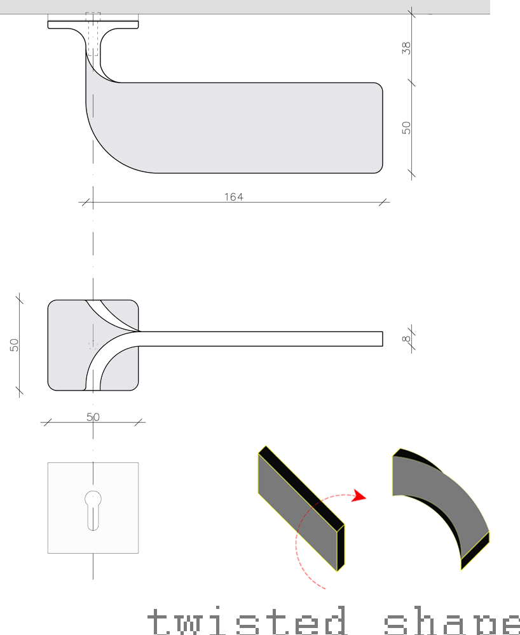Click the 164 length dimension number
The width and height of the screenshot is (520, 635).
tap(234, 197)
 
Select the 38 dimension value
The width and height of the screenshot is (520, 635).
tap(407, 48)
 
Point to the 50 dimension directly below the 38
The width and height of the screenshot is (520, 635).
tap(407, 127)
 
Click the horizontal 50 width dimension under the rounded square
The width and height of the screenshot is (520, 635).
tap(93, 417)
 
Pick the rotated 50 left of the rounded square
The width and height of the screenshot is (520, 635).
tap(14, 344)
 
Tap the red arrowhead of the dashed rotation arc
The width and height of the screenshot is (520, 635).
tap(360, 495)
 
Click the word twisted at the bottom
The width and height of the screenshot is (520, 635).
tap(248, 621)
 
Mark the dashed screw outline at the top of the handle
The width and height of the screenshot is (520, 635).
tap(93, 32)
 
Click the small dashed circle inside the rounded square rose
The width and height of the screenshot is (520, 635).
tap(93, 344)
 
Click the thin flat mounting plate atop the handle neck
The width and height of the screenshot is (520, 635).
tap(93, 24)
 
